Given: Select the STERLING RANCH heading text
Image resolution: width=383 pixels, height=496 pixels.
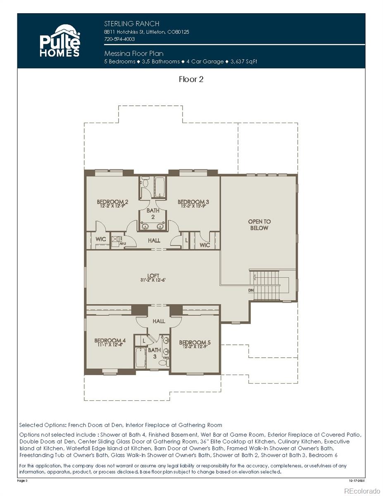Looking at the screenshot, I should point(131,24).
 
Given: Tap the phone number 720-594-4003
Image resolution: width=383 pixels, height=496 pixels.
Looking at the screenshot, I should point(119,39).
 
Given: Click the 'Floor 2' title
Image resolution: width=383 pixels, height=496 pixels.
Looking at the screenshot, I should point(191,79).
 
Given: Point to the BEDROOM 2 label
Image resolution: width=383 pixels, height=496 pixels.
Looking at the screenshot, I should point(112,202).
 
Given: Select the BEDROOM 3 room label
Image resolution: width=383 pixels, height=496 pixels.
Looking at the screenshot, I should point(193,202).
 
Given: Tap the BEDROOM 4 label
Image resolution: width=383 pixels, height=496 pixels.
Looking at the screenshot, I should point(110,341).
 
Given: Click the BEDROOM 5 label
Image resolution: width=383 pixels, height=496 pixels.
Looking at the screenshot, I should point(195,343).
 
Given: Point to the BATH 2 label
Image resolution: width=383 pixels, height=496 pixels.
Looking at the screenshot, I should point(152,214).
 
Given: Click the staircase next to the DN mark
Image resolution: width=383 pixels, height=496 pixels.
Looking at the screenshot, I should point(266,285).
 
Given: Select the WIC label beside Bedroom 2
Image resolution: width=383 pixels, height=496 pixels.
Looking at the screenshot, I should point(101,239).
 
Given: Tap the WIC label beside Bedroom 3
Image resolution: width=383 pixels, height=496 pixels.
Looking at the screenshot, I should point(205,245).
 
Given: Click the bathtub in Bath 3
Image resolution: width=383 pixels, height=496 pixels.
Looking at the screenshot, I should point(140,358).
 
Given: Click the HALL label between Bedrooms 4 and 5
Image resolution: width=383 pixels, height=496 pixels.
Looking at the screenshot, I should point(159,321).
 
